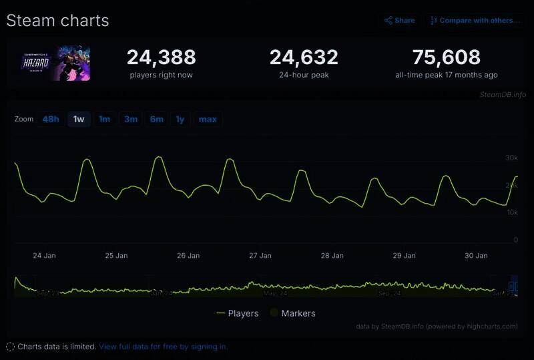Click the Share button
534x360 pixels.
399,21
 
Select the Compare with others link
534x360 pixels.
475,21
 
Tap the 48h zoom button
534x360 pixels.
51,120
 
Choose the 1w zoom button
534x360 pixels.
79,120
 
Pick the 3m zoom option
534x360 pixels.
131,120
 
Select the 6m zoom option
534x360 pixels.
157,120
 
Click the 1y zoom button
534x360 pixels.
180,120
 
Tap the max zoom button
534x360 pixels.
208,120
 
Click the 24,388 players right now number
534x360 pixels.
161,57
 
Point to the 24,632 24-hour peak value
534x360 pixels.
304,57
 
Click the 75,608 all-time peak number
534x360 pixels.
446,57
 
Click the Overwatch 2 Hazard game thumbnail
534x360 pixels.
63,63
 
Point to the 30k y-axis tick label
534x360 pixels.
511,158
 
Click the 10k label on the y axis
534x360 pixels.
511,212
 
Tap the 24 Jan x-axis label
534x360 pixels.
45,255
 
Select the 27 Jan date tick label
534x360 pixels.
260,255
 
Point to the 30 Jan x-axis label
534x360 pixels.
476,255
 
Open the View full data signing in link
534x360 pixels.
163,347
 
